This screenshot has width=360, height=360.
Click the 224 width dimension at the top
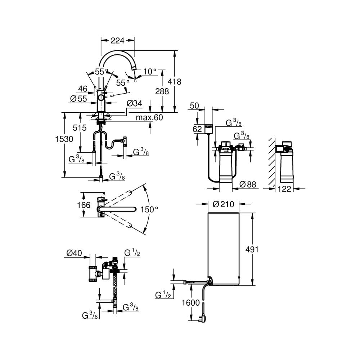pos(117,41)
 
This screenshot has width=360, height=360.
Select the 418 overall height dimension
pos(176,82)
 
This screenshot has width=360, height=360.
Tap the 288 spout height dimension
pos(162,91)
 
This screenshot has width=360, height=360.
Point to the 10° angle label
pos(149,72)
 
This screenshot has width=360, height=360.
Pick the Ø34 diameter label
pos(134,104)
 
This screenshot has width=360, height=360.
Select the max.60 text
pos(149,117)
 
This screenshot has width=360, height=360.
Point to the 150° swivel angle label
pos(149,209)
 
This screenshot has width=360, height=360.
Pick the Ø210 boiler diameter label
pos(223,204)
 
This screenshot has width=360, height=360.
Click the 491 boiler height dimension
pos(252,249)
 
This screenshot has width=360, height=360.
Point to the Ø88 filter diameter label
pos(248,185)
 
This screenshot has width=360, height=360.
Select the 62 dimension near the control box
pos(197,128)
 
